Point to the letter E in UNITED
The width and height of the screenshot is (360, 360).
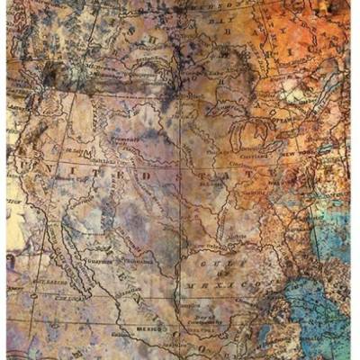tap(101, 171)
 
